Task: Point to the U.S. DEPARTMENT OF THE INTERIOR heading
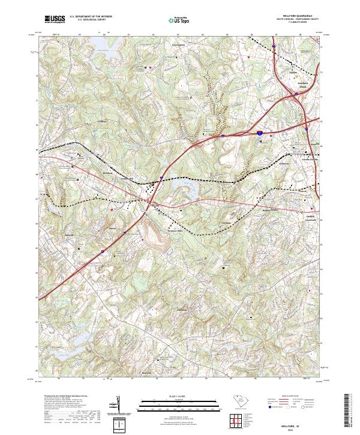tap(90, 17)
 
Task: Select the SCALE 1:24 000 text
tap(173, 397)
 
